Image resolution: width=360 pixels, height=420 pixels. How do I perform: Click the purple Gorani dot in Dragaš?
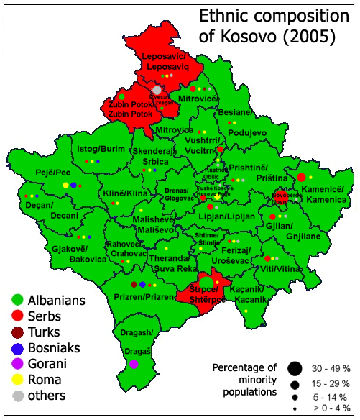(134, 365)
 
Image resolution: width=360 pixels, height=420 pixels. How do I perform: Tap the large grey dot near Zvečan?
(157, 90)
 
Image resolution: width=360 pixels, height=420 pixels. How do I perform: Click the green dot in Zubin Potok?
(122, 96)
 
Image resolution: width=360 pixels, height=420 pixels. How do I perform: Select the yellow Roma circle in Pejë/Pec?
(65, 186)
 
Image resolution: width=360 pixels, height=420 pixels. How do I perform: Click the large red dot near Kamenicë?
(302, 177)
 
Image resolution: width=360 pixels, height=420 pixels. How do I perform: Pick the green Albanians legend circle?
(17, 300)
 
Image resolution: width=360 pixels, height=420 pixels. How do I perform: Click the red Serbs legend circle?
(17, 316)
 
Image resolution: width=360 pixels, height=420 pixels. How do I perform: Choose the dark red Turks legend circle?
(17, 332)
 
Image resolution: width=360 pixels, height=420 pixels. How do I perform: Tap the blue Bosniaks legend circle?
(17, 348)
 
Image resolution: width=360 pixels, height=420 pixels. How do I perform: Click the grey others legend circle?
(17, 396)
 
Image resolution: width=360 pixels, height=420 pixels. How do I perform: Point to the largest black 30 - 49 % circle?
(294, 369)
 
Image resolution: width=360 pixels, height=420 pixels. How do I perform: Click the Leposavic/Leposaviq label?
(166, 60)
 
